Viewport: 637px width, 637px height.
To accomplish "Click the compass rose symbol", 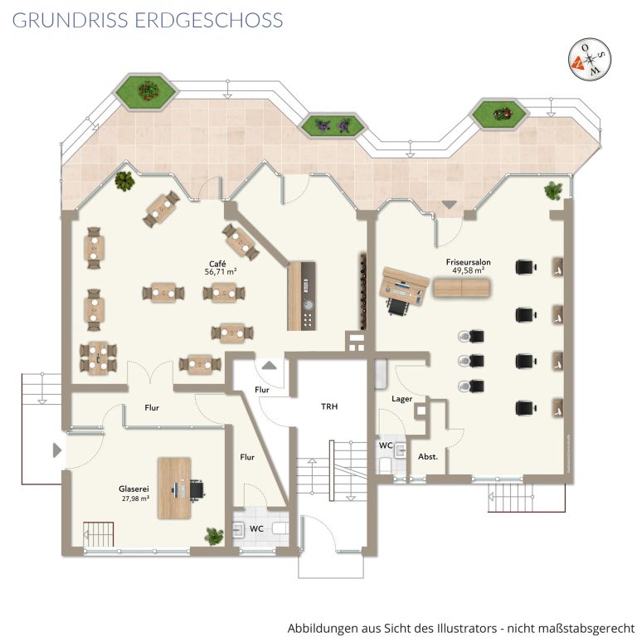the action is click(590, 60).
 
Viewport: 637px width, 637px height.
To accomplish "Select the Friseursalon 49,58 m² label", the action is click(468, 266).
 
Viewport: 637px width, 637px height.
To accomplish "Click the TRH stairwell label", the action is click(329, 406).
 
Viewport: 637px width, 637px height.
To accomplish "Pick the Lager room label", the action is click(401, 399).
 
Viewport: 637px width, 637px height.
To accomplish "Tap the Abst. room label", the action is click(428, 457).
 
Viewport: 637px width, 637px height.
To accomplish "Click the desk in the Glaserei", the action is click(174, 489).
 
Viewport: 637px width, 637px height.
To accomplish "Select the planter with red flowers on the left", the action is click(146, 91).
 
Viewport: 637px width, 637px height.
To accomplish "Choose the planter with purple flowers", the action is click(333, 125).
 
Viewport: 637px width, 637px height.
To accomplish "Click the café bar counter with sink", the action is click(301, 295).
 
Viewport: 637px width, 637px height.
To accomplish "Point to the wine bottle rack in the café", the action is click(362, 291).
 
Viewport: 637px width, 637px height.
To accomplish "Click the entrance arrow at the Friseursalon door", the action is click(449, 204).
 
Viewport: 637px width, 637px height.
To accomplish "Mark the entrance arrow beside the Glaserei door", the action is click(57, 450).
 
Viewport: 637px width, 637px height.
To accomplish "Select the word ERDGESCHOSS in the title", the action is click(209, 20).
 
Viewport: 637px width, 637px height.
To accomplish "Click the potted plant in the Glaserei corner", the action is click(214, 536).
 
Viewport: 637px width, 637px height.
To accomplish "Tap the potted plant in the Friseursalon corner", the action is click(553, 191).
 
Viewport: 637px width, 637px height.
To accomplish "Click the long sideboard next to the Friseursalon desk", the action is click(461, 287).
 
